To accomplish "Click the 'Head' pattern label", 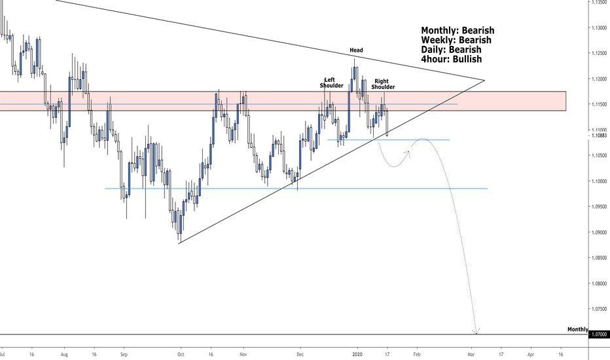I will pyautogui.click(x=356, y=50).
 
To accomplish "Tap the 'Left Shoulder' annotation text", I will pyautogui.click(x=331, y=82).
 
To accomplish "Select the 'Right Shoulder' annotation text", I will pyautogui.click(x=383, y=84).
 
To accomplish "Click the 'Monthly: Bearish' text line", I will pyautogui.click(x=457, y=30).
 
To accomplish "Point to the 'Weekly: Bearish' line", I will pyautogui.click(x=456, y=40).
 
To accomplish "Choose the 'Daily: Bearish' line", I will pyautogui.click(x=451, y=50).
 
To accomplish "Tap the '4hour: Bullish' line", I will pyautogui.click(x=451, y=60).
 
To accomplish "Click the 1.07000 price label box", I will pyautogui.click(x=599, y=334).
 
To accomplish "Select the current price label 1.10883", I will pyautogui.click(x=599, y=135).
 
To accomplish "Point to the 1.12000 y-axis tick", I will pyautogui.click(x=599, y=79).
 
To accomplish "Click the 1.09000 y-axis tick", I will pyautogui.click(x=599, y=232).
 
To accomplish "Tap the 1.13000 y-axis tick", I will pyautogui.click(x=599, y=27).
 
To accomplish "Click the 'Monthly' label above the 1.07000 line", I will pyautogui.click(x=577, y=329).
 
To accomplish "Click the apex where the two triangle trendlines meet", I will pyautogui.click(x=484, y=81).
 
